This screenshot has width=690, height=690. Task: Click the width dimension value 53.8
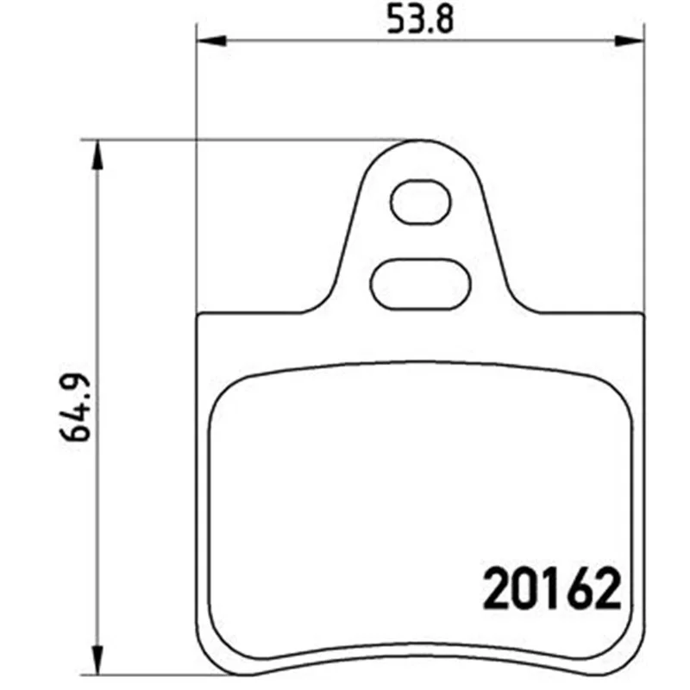420,19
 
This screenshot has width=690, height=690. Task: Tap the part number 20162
552,588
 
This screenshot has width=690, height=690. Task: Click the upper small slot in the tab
421,202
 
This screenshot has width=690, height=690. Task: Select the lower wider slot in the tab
420,285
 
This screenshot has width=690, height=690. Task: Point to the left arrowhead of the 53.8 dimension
211,41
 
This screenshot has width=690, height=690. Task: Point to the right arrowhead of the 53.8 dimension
630,41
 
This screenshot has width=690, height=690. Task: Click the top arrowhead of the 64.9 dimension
97,155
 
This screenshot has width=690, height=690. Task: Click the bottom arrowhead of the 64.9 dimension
97,660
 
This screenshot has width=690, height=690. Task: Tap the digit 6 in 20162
579,588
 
